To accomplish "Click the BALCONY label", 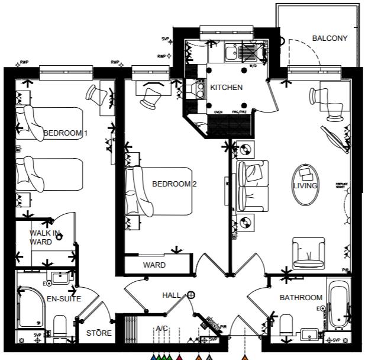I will tap(330, 38).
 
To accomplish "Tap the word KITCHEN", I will tap(226, 88).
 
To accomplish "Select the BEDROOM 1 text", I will tap(66, 133).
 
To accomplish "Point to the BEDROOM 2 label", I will tap(174, 184).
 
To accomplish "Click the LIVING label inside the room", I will tap(305, 186).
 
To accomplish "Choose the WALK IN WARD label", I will tap(45, 237).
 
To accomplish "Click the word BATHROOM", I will tap(301, 298).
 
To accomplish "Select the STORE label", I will tap(99, 333).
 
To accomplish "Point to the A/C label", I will tap(161, 329).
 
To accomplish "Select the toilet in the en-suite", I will tap(59, 326).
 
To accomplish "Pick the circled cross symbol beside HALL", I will tap(191, 295).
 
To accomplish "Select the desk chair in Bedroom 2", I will tap(150, 93).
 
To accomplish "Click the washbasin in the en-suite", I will tap(60, 278).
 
